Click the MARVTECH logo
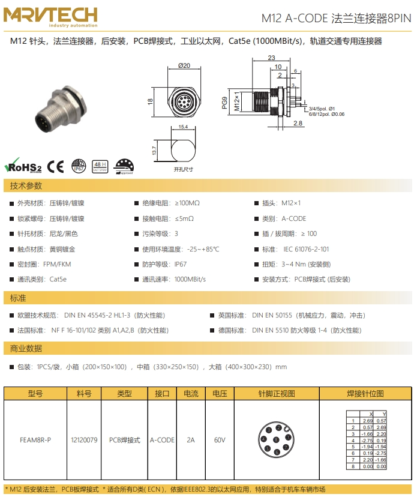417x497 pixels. coord(52,17)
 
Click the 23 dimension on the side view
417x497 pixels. coord(271,58)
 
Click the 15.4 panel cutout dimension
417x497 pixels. coord(183,127)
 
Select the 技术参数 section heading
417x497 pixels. coord(26,186)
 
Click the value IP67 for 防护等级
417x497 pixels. coord(181,264)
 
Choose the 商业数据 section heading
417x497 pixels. coord(26,348)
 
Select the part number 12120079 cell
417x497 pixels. coord(84,440)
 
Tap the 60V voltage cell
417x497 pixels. coord(220,440)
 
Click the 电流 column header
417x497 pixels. coord(191,394)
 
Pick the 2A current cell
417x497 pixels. coord(191,440)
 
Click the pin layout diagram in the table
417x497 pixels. coord(277,440)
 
